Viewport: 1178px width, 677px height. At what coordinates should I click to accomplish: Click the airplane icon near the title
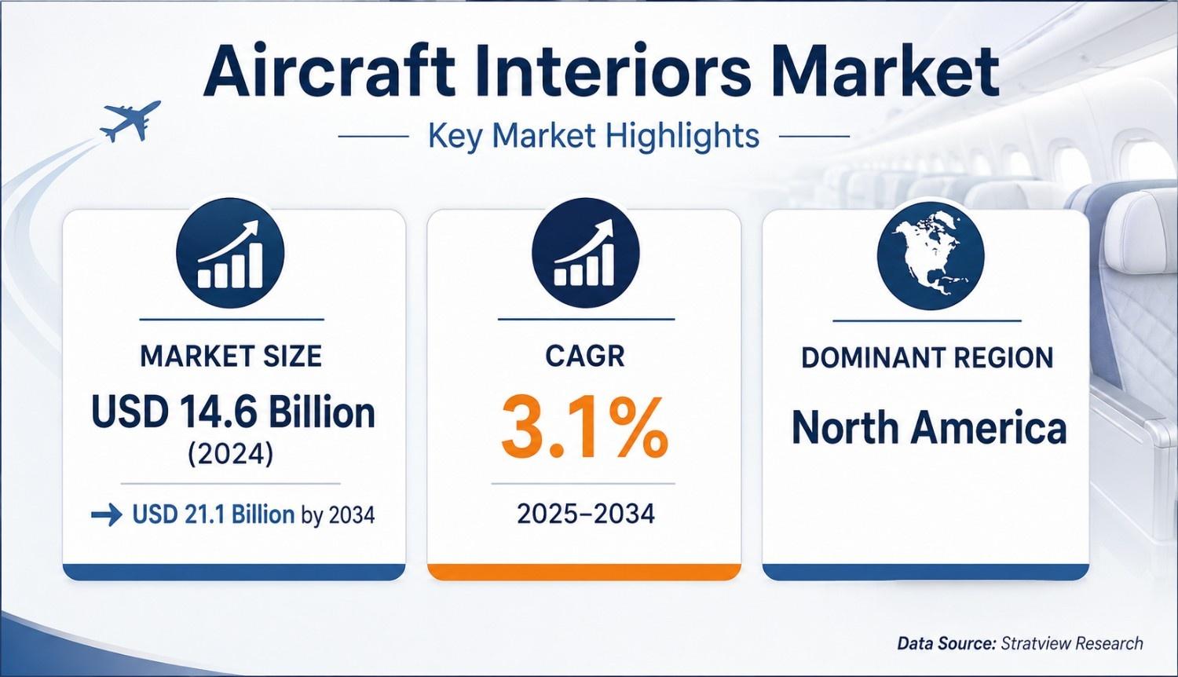click(x=130, y=120)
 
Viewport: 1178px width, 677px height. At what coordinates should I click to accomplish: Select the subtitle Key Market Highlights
click(x=594, y=136)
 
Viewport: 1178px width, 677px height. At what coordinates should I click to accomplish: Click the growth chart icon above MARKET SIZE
click(x=230, y=253)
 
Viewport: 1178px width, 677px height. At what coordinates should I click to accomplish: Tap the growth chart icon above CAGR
click(x=585, y=253)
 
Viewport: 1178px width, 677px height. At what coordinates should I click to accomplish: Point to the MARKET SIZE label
click(x=232, y=356)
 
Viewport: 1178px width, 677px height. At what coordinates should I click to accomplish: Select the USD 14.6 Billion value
click(x=233, y=412)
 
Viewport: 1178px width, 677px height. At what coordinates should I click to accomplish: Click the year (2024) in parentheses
click(x=231, y=453)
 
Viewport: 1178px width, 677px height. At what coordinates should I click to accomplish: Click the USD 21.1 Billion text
click(x=213, y=514)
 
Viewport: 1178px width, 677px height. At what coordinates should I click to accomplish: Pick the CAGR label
click(x=585, y=356)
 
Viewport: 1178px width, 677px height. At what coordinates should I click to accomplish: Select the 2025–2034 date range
click(x=586, y=514)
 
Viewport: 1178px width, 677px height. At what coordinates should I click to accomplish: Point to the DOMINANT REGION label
click(x=927, y=357)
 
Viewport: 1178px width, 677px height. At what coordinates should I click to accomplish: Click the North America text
click(x=929, y=428)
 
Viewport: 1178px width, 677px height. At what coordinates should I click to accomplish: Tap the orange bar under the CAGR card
click(x=584, y=572)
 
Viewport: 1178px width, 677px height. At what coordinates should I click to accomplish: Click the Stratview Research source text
click(x=1072, y=642)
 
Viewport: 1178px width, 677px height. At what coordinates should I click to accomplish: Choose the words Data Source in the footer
click(x=946, y=642)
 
